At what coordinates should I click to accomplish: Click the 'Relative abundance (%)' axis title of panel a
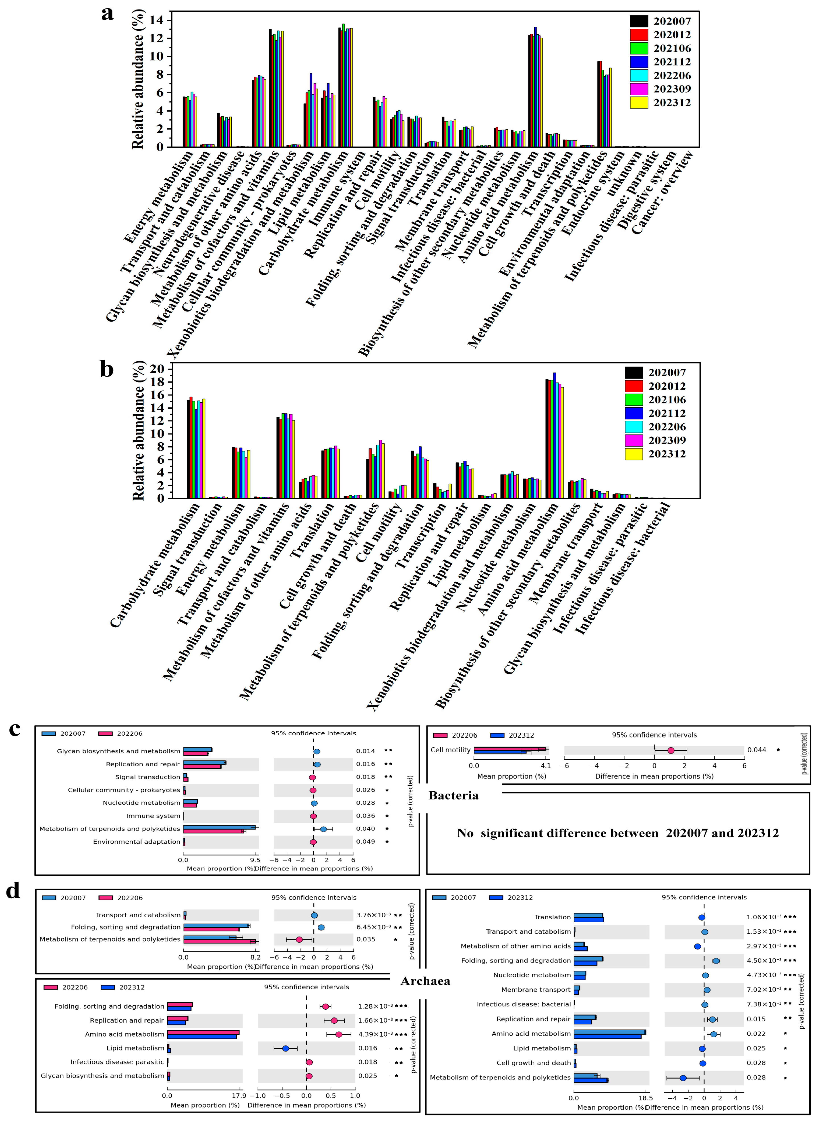tap(138, 79)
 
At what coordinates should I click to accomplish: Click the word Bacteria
tap(453, 795)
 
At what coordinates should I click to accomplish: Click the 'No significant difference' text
tap(618, 833)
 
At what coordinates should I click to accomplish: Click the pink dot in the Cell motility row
tap(670, 751)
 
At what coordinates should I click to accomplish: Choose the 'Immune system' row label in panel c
tap(153, 816)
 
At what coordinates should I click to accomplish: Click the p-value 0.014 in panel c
tap(365, 751)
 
